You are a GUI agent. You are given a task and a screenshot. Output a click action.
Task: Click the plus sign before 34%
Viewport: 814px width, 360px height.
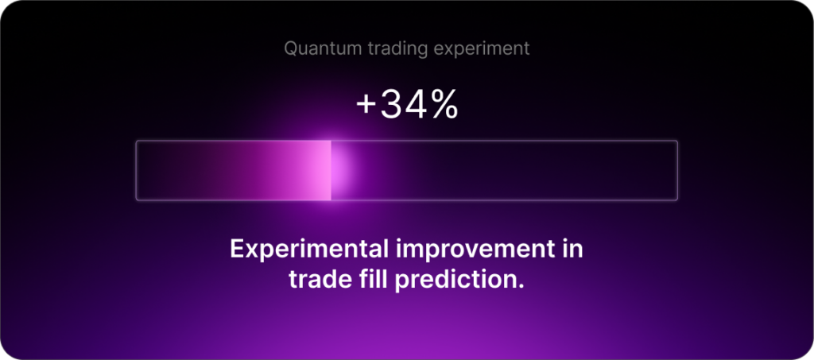coord(366,106)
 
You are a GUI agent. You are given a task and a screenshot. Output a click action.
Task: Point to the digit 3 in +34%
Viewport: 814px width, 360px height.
coord(391,105)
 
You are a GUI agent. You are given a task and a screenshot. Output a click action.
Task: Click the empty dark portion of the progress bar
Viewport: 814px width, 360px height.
coord(509,170)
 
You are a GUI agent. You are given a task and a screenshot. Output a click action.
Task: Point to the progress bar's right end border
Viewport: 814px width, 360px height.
coord(677,170)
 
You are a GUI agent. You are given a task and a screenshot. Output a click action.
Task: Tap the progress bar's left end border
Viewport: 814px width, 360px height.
coord(136,170)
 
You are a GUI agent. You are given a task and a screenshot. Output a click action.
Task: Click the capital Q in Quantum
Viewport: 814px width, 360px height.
coord(291,49)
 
